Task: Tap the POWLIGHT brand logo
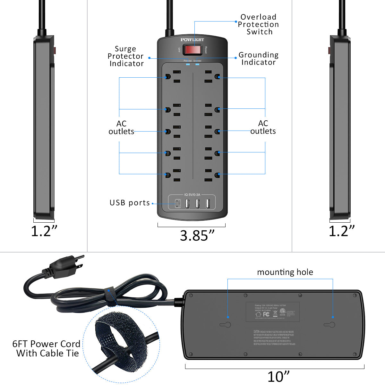pos(192,39)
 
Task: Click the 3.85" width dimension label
pos(197,235)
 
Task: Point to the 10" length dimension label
pos(278,376)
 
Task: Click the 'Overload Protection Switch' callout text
pos(259,24)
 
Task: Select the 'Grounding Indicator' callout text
pos(259,58)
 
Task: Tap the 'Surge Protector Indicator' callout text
pos(126,56)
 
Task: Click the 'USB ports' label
pos(130,203)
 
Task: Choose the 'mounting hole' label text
pos(285,272)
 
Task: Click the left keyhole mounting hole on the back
pos(226,325)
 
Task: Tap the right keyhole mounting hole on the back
pos(329,325)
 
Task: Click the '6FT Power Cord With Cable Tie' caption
pos(47,348)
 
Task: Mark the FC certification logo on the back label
pos(266,314)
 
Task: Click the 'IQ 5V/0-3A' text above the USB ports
pos(192,194)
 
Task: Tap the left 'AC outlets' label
pos(121,127)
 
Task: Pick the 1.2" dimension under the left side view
pos(44,231)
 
